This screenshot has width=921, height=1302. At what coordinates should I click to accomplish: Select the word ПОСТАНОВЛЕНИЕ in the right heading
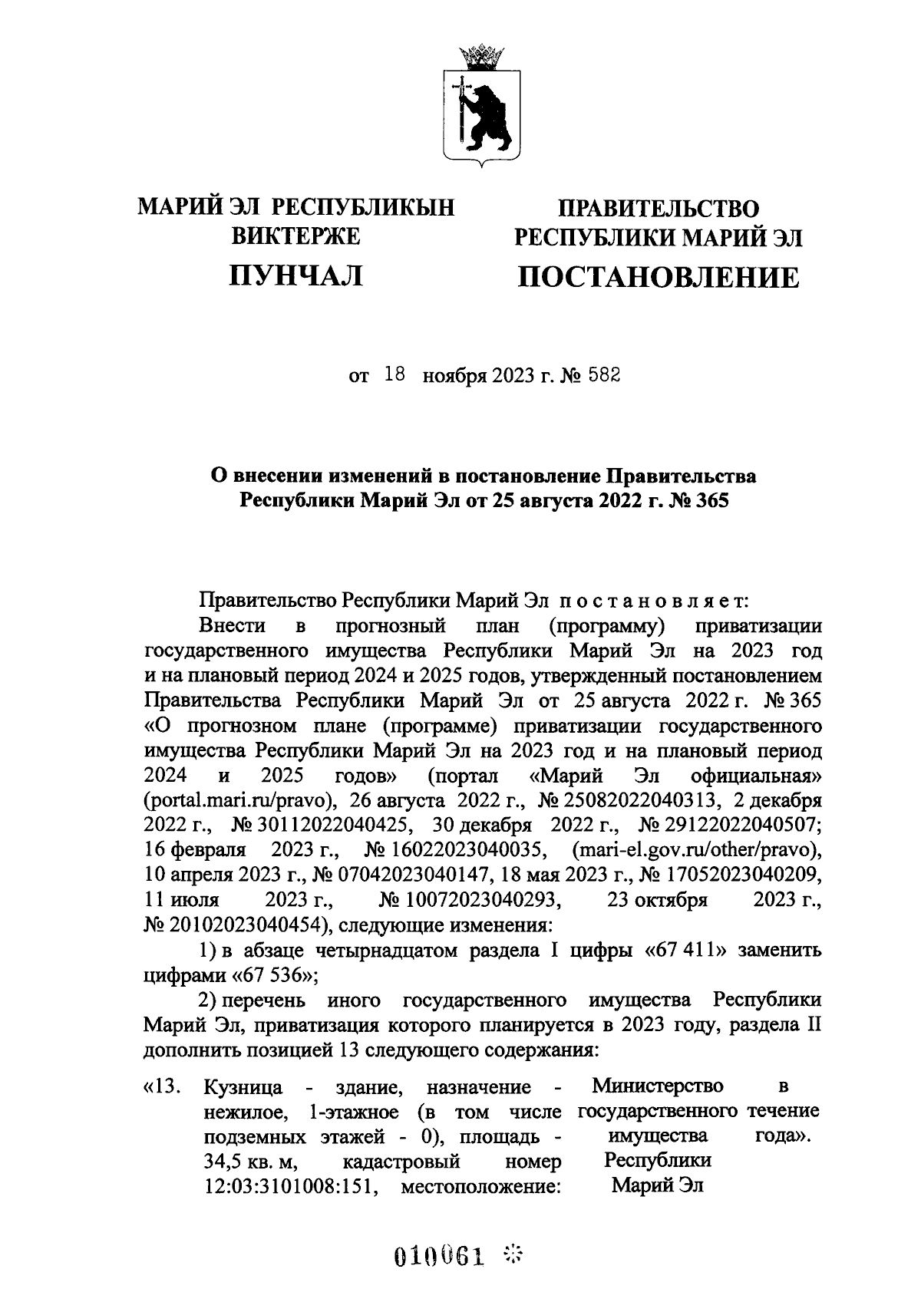pos(658,277)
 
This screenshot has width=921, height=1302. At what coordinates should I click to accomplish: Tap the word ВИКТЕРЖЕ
pos(295,237)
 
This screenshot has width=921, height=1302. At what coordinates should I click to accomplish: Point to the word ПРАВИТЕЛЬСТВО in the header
pos(658,208)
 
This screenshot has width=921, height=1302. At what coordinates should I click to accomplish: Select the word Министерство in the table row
pos(658,1086)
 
